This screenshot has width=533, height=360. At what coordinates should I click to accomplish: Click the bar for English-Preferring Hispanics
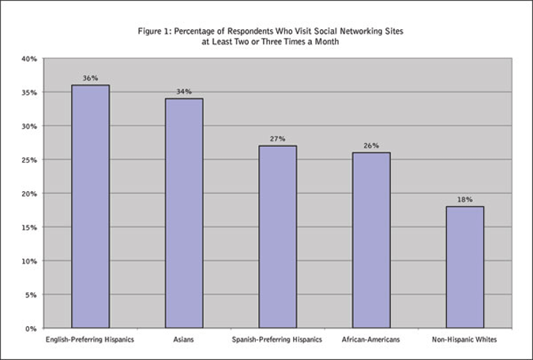tap(90, 206)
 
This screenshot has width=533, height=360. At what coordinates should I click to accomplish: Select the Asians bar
tap(184, 213)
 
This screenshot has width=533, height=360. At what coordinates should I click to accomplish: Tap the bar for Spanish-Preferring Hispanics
tap(277, 237)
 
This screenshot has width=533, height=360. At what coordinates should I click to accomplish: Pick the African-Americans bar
tap(371, 240)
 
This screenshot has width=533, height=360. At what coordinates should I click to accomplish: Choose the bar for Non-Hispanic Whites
tap(464, 267)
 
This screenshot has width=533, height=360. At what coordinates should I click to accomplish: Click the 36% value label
tap(90, 78)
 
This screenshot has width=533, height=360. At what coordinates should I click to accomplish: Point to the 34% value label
tap(184, 92)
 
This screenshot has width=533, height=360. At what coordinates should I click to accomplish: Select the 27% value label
tap(277, 139)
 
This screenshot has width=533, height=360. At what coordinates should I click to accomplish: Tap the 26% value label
tap(371, 146)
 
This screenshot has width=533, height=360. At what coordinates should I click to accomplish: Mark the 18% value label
tap(464, 200)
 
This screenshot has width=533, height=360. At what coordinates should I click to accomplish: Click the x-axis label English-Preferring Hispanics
tap(90, 341)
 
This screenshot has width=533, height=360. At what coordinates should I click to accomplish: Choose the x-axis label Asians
tap(184, 341)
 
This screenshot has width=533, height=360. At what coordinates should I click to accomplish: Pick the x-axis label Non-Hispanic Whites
tap(464, 341)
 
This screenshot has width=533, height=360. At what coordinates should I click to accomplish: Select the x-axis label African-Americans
tap(371, 341)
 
